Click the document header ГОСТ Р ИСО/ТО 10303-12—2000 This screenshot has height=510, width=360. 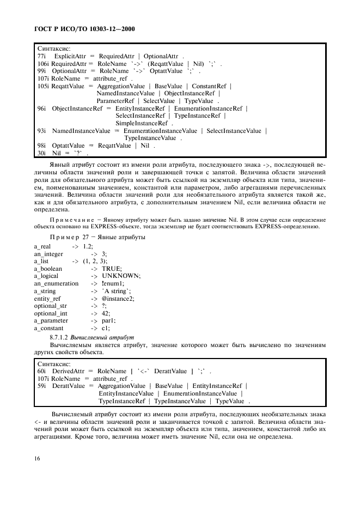point(85,28)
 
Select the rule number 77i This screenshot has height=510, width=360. point(42,56)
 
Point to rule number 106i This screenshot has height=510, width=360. point(43,63)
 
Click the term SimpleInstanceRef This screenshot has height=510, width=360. point(141,124)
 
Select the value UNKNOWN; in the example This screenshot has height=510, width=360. point(121,276)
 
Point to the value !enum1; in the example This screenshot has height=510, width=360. point(113,283)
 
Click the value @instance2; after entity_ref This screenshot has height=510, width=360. point(118,298)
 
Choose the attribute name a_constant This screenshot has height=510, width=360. point(49,328)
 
